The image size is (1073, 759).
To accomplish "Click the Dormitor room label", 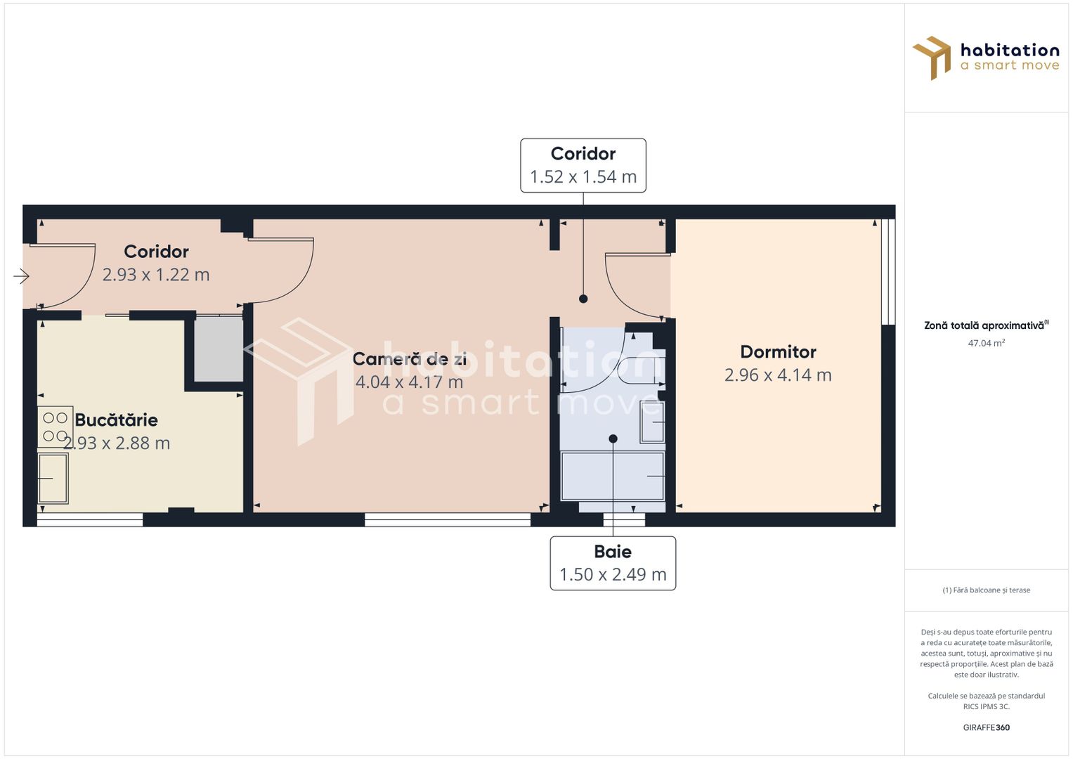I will (778, 352).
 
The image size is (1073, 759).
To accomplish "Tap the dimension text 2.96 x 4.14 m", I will (778, 375).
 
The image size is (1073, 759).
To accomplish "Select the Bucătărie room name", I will (117, 420).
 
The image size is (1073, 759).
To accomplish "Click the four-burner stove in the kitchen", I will (55, 427).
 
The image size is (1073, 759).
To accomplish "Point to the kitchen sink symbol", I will (53, 479).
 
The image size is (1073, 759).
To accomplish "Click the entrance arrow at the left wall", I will (21, 277).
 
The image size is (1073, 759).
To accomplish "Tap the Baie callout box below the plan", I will (613, 563).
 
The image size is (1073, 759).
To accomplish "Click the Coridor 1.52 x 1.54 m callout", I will (583, 165).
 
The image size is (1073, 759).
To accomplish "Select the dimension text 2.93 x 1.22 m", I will (156, 275).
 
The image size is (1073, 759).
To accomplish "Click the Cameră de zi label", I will (409, 359).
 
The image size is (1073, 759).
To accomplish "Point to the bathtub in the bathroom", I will (612, 476).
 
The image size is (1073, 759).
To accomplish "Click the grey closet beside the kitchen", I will (219, 349).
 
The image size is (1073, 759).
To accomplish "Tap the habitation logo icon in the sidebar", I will (932, 58).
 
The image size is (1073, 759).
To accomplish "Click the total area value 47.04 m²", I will (986, 344).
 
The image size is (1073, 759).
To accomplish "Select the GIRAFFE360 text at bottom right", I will (986, 728).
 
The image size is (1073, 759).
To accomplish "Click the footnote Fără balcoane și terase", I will (986, 590).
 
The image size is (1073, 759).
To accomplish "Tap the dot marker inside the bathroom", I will (613, 439).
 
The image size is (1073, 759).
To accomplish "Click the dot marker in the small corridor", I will (583, 299).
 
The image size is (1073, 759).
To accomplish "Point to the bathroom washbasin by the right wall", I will (653, 422).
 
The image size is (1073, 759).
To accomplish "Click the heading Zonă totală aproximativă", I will (984, 325).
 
